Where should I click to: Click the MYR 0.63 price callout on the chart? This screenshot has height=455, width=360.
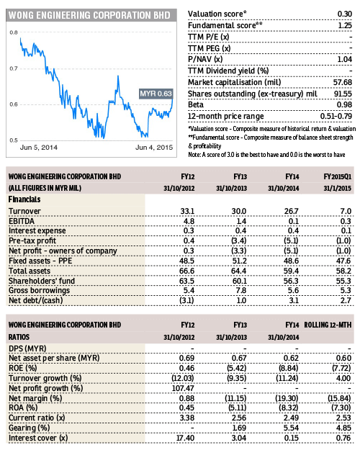[x=156, y=94]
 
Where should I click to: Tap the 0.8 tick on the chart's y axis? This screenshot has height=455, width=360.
[x=14, y=33]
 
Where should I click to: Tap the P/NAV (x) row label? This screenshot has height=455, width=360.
[x=208, y=60]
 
